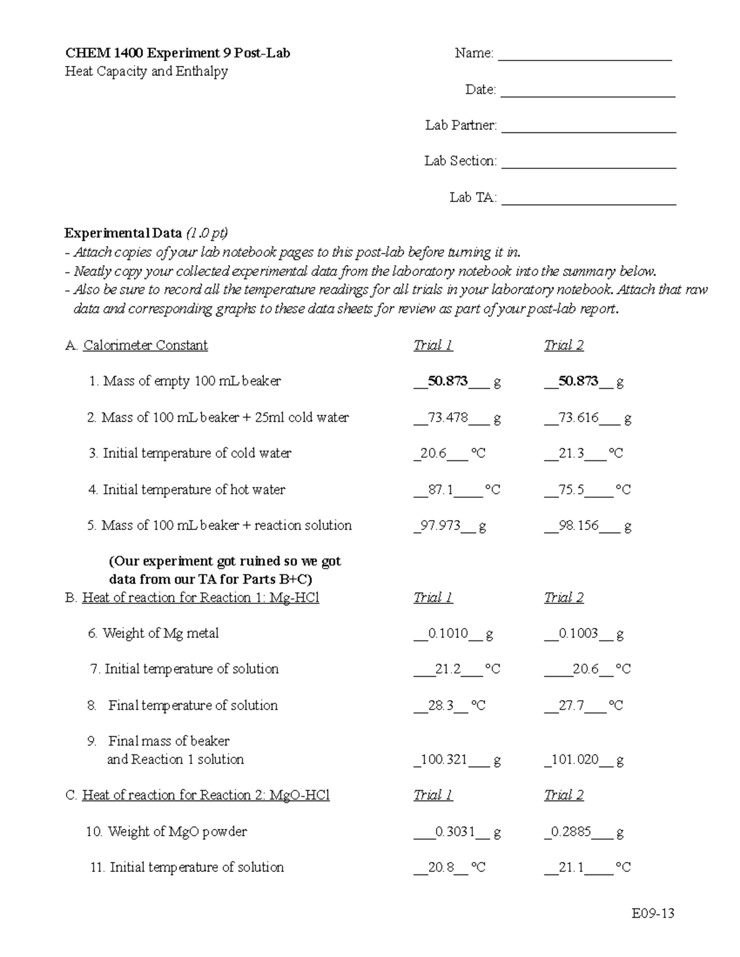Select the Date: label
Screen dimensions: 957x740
[480, 90]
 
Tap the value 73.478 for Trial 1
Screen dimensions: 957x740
[448, 418]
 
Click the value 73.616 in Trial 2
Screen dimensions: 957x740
[578, 418]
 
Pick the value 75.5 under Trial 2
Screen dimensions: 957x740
[572, 490]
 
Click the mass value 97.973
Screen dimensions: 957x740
[440, 526]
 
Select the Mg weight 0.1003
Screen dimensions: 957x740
[578, 633]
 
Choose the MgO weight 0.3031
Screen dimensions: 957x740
[454, 832]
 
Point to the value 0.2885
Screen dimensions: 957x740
[571, 832]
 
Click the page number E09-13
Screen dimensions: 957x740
[653, 913]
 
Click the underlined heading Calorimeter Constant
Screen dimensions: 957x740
[145, 346]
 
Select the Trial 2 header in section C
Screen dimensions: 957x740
[564, 796]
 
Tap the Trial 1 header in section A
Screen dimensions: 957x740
[433, 346]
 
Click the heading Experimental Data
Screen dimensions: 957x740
[123, 234]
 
